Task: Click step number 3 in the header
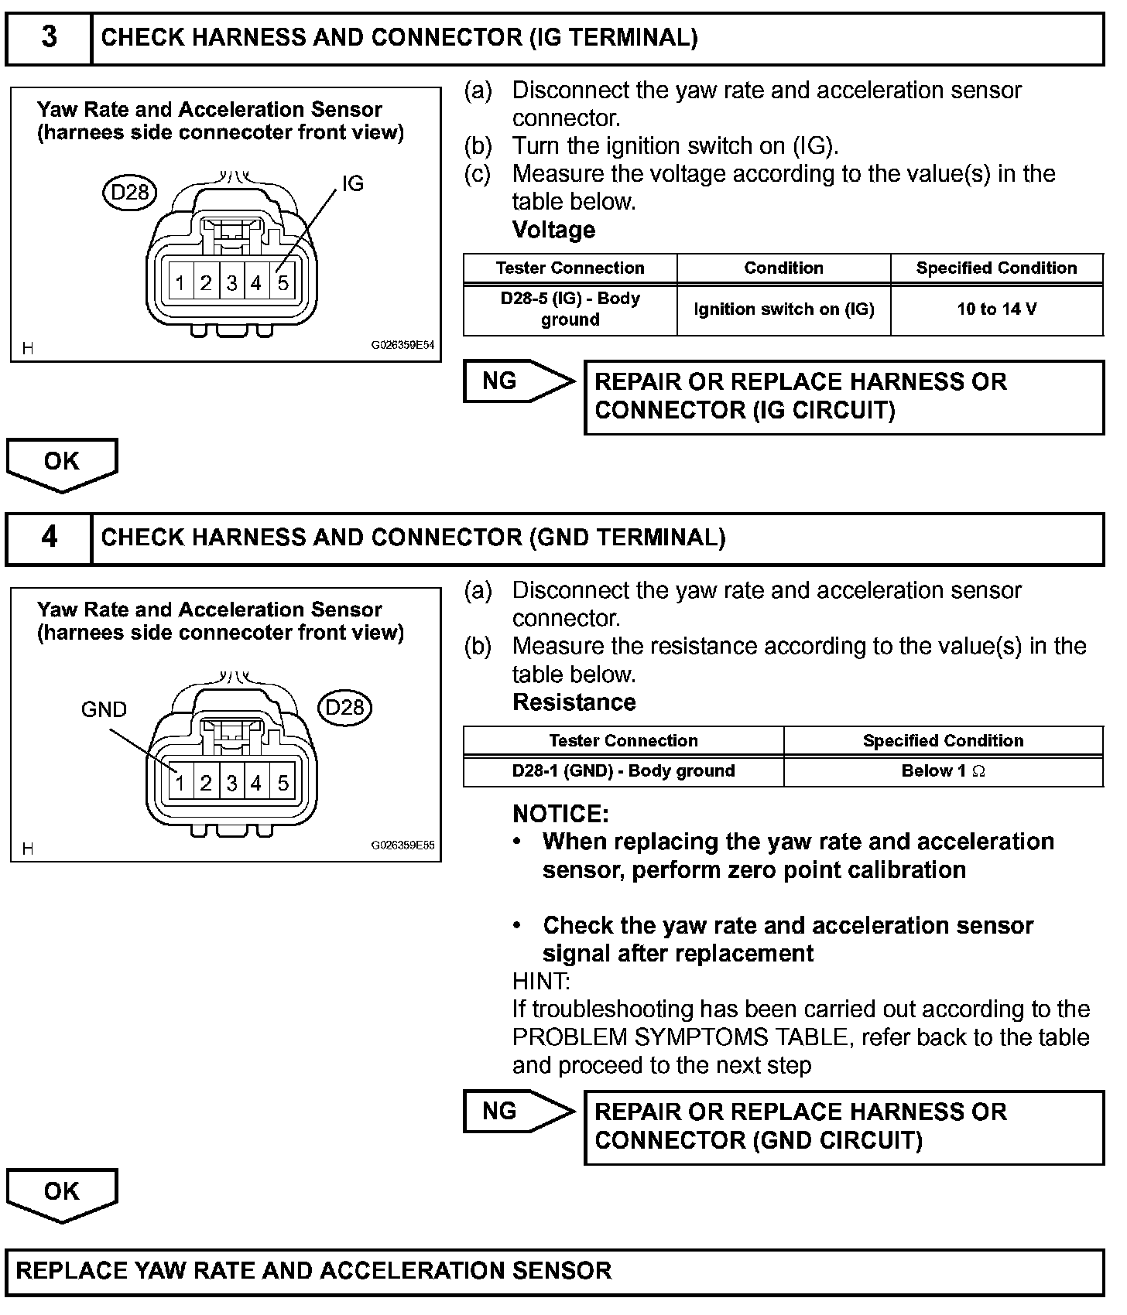(x=49, y=37)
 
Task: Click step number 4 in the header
(x=49, y=537)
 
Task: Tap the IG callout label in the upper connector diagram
(x=352, y=184)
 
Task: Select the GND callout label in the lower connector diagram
(x=104, y=709)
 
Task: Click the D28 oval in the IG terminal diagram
(x=129, y=191)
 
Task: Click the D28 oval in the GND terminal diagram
(x=344, y=707)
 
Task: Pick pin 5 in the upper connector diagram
(x=283, y=283)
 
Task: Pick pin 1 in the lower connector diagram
(x=180, y=783)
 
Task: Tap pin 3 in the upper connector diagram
(x=231, y=283)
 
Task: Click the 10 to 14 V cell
(x=996, y=309)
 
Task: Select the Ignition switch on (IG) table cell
(x=783, y=309)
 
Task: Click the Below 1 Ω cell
(x=943, y=771)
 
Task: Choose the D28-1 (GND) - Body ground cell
(x=623, y=771)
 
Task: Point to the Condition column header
(x=783, y=268)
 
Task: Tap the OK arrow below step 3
(x=62, y=462)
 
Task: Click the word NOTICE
(x=560, y=814)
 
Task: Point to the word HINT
(x=540, y=981)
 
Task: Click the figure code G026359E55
(x=402, y=845)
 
